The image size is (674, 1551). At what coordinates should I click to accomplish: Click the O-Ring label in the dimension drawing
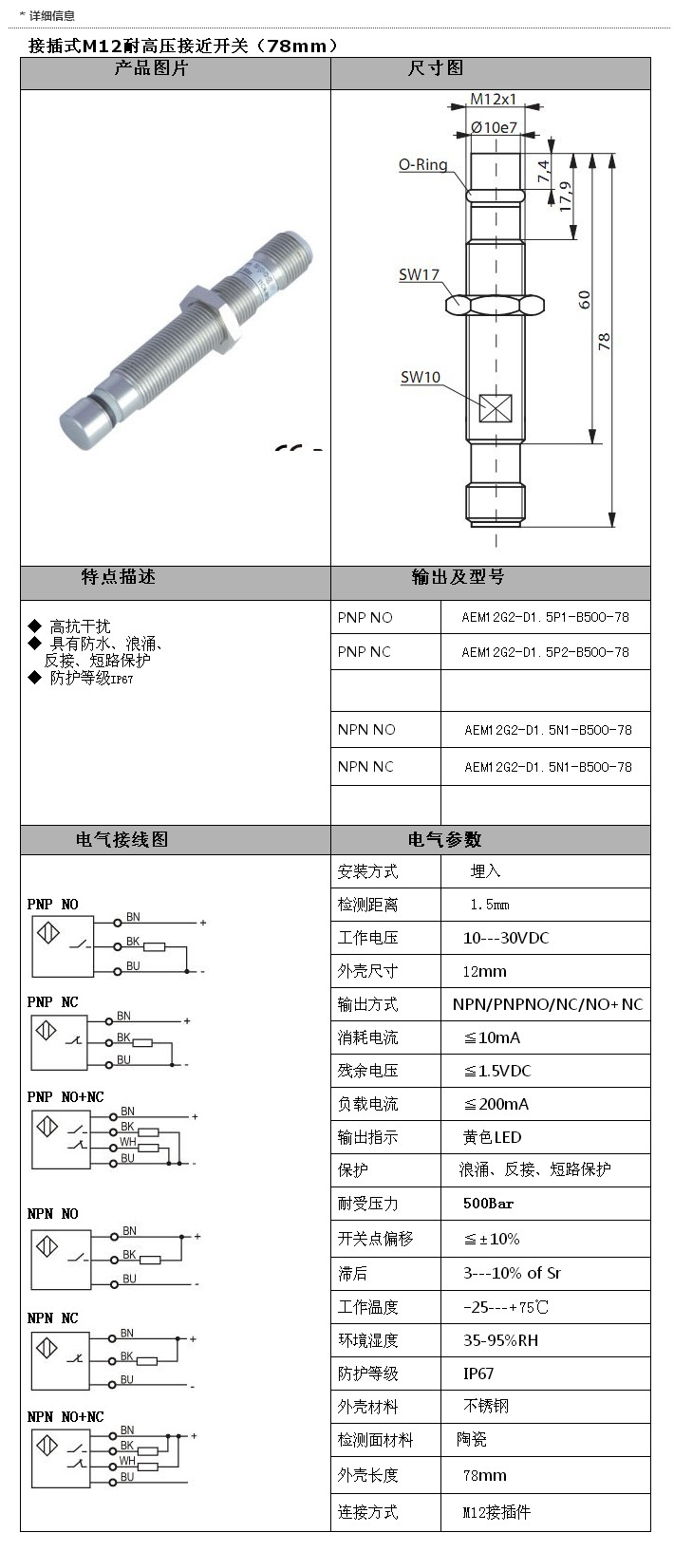[422, 164]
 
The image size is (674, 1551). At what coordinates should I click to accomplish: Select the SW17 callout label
[419, 274]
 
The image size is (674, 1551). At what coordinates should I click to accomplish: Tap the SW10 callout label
[420, 377]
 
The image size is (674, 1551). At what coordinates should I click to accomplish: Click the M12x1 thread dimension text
[494, 99]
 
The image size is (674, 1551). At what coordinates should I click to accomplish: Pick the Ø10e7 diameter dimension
[494, 127]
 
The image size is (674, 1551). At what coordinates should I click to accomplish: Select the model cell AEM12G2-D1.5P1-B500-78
[545, 617]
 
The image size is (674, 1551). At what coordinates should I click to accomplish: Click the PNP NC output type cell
[364, 652]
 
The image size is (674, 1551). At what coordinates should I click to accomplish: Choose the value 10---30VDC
[506, 938]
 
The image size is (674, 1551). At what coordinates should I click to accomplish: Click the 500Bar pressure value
[489, 1204]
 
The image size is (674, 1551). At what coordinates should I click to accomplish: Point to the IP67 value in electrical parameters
[478, 1373]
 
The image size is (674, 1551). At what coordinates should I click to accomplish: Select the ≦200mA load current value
[496, 1104]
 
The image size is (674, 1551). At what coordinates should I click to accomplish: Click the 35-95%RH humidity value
[500, 1340]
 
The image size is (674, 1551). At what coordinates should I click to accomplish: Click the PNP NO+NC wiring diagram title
[66, 1096]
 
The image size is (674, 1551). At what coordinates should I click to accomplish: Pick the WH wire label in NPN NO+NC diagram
[127, 1462]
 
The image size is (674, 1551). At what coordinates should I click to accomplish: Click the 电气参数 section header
[444, 839]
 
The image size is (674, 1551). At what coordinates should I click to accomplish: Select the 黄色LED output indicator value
[493, 1137]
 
